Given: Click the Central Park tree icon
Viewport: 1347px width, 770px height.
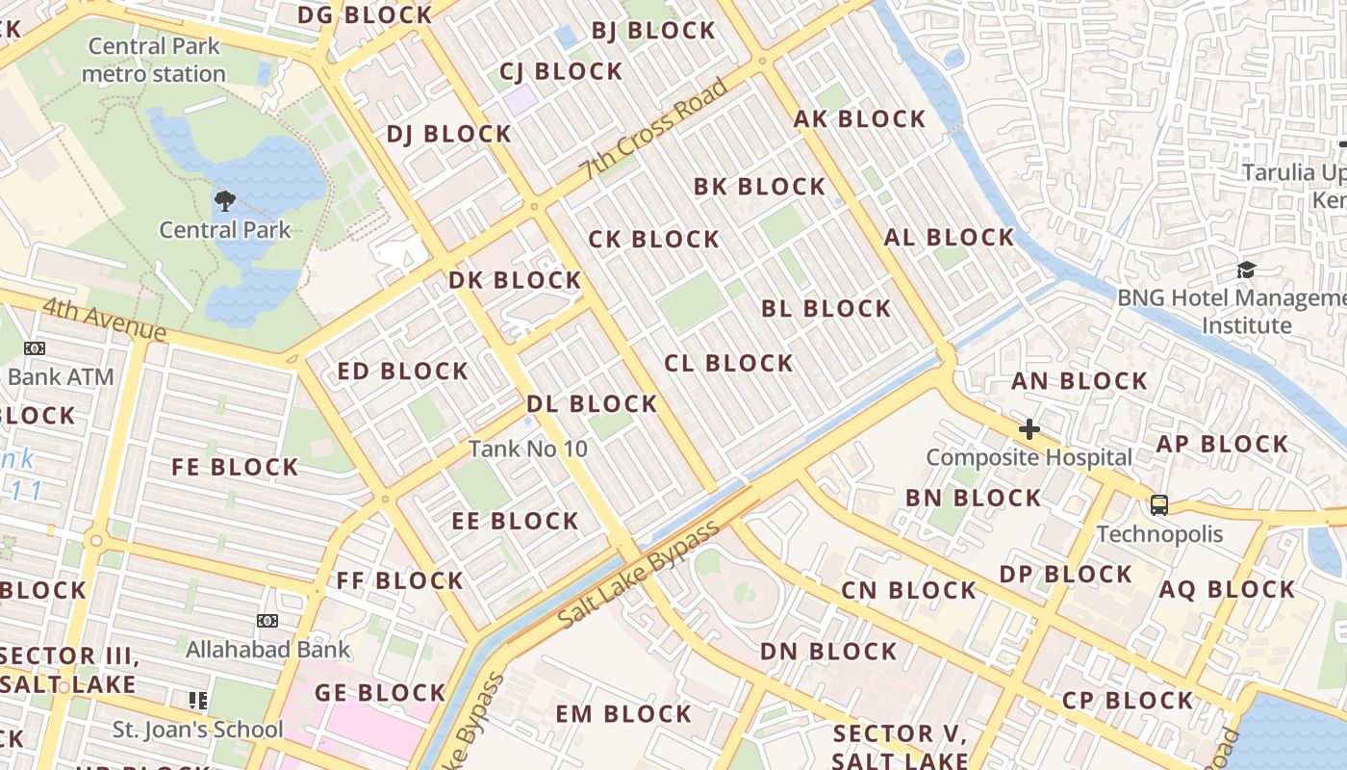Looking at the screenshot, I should coord(224,201).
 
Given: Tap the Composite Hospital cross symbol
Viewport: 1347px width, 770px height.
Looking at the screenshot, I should coord(1029,429).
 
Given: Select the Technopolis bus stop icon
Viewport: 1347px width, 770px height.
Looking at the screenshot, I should coord(1159,505).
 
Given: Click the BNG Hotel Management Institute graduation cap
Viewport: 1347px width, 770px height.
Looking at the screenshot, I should coord(1246,269).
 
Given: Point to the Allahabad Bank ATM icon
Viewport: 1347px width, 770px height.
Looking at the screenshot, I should coord(267,622).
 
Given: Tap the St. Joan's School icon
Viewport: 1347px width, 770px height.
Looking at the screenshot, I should coord(198,701).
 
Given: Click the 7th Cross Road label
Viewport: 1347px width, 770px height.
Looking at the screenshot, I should coord(653,130).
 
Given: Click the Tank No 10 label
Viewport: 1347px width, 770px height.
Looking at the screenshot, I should coord(527,449).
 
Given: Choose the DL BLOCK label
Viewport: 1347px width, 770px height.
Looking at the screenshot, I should coord(592,404).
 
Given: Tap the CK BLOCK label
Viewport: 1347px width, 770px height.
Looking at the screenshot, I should coord(653,240).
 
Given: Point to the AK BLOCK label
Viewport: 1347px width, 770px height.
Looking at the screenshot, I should coord(859,119).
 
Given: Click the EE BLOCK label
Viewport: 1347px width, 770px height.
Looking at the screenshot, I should coord(516,522).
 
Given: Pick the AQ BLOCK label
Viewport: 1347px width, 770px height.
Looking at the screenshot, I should coord(1227,590).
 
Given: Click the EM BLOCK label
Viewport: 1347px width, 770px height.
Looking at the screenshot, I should coord(623,714).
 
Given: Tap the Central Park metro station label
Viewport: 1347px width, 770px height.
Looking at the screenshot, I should coord(154,60).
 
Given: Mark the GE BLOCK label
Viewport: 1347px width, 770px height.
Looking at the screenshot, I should coord(380,693).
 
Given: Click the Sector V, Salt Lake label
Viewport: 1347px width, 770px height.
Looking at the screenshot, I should coord(899,747).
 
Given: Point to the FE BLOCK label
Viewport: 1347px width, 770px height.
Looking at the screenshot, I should coord(235,468).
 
